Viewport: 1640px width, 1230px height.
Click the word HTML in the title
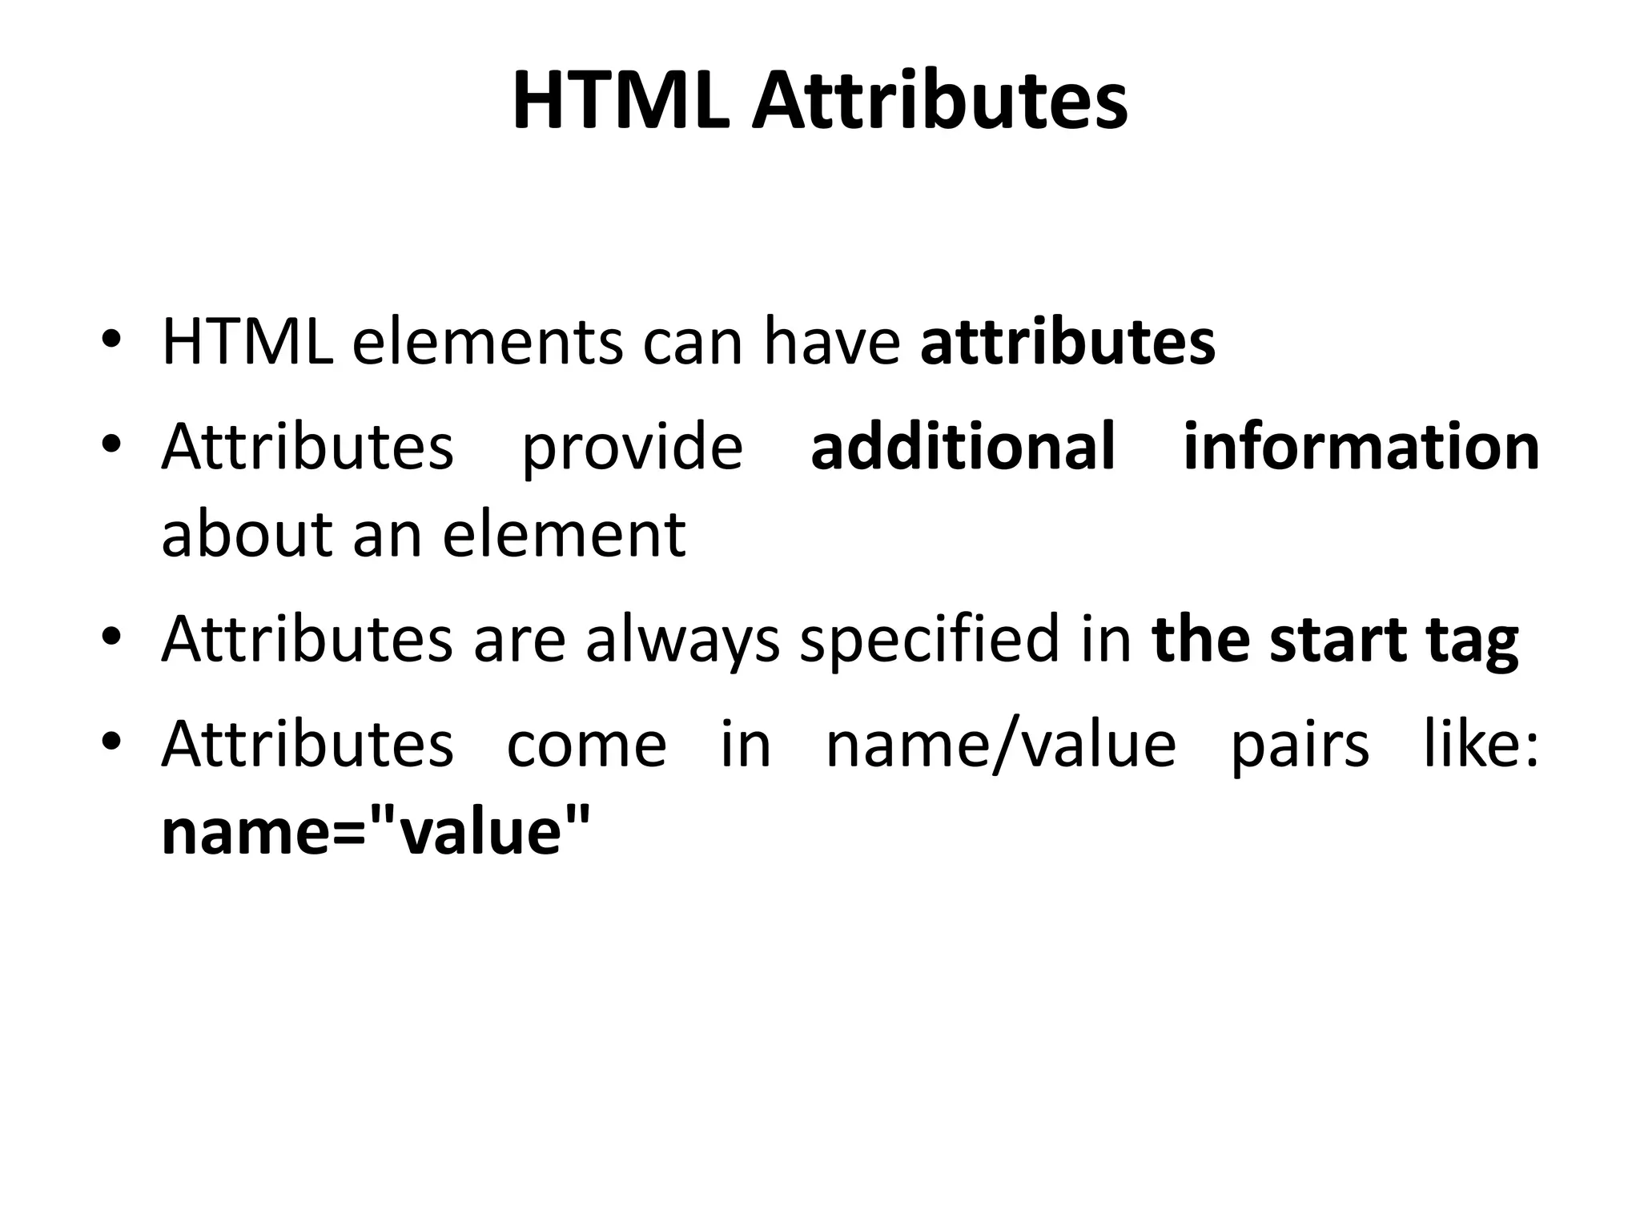(621, 102)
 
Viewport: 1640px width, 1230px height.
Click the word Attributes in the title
(940, 102)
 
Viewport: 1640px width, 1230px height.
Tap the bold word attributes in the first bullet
(1067, 343)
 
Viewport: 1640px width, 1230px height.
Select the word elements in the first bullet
(487, 343)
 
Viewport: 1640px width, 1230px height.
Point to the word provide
(632, 448)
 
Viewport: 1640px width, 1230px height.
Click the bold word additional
(963, 446)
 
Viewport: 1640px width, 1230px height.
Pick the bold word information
(1361, 446)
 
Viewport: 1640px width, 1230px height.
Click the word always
(682, 640)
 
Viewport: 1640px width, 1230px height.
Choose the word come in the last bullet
(587, 746)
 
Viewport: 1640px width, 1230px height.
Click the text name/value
(1000, 746)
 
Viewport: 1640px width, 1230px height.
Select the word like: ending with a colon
(1481, 744)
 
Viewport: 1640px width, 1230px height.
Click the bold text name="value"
(376, 832)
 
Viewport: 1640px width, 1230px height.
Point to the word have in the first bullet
(831, 343)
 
